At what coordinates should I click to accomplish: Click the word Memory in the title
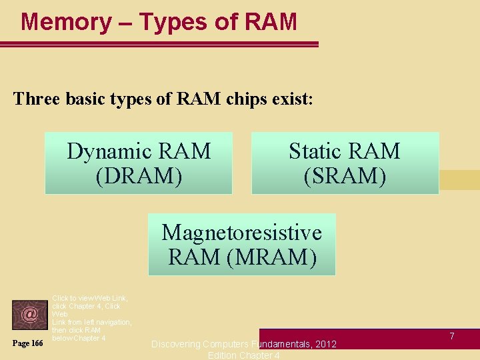click(66, 22)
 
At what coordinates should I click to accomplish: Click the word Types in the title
click(172, 22)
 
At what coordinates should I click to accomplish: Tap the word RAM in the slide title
click(271, 22)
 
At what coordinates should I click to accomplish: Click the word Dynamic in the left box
click(113, 151)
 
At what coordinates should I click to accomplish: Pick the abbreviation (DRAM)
click(139, 176)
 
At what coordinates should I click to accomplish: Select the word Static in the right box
click(316, 151)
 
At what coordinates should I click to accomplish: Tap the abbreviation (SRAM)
click(345, 176)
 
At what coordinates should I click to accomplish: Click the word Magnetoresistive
click(241, 233)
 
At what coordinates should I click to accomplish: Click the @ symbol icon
click(29, 314)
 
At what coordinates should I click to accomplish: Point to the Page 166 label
click(28, 343)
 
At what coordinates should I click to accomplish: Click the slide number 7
click(451, 336)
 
